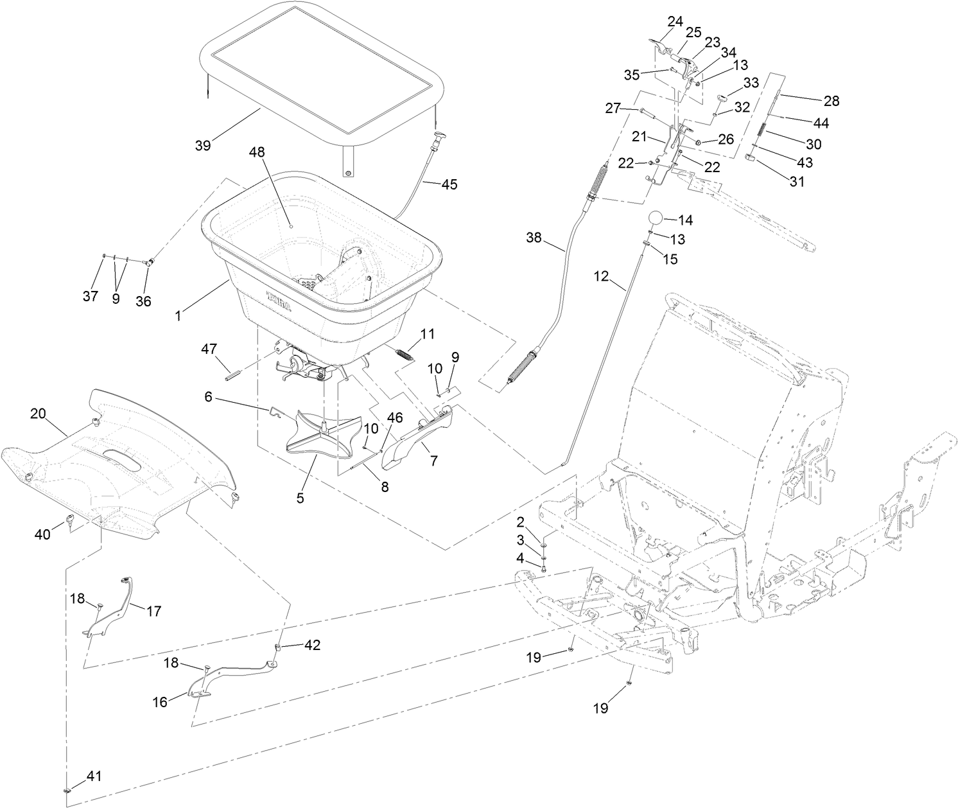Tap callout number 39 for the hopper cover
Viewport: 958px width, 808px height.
click(x=203, y=145)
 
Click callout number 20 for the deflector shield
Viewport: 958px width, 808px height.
click(x=38, y=414)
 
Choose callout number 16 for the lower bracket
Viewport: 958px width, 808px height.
click(x=159, y=702)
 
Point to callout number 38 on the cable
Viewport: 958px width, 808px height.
click(x=534, y=237)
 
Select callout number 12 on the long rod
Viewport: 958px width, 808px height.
click(x=600, y=277)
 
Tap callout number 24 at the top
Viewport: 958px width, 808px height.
click(x=675, y=21)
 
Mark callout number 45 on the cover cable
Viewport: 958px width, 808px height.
click(x=449, y=184)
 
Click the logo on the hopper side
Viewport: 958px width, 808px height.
click(x=277, y=301)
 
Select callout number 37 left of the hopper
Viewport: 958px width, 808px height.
click(x=91, y=296)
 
